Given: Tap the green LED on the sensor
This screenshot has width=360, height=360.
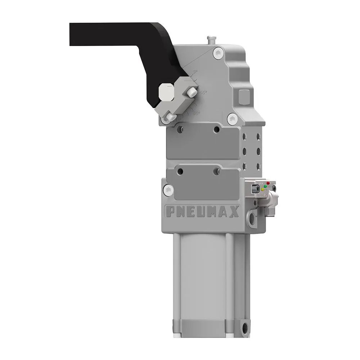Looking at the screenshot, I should [x=265, y=186].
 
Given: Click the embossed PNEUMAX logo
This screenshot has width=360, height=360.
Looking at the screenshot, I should [x=202, y=212].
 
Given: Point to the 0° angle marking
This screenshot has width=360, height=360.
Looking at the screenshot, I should [x=195, y=72].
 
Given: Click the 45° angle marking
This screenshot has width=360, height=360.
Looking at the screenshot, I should [x=203, y=93].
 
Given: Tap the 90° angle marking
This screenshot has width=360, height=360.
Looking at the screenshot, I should [x=196, y=113].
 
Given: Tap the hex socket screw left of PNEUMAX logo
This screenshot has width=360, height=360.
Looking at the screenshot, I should [x=168, y=188].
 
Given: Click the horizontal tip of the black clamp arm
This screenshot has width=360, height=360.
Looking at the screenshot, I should [x=77, y=34].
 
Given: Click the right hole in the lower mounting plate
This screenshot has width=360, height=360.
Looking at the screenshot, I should [x=216, y=172].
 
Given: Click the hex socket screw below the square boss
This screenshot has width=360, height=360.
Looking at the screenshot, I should [x=233, y=117].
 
